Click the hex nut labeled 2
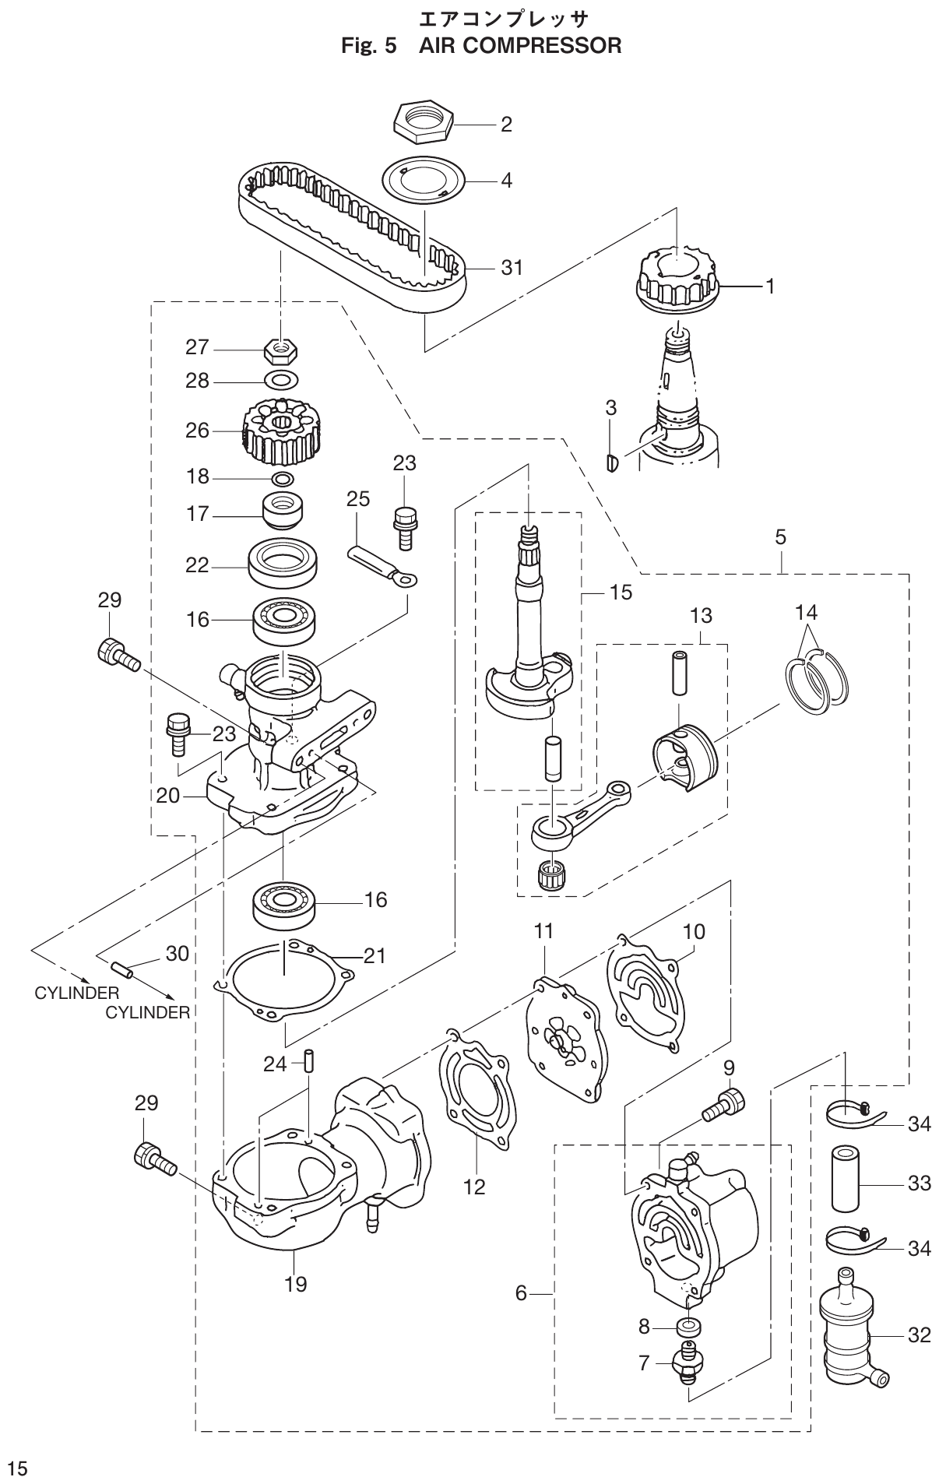coord(422,121)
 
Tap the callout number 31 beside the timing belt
coord(512,268)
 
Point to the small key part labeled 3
coord(611,462)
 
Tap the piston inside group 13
coord(682,755)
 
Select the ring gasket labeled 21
coord(284,979)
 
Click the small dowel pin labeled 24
coord(308,1060)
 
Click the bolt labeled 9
coord(723,1106)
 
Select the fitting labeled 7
coord(687,1361)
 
